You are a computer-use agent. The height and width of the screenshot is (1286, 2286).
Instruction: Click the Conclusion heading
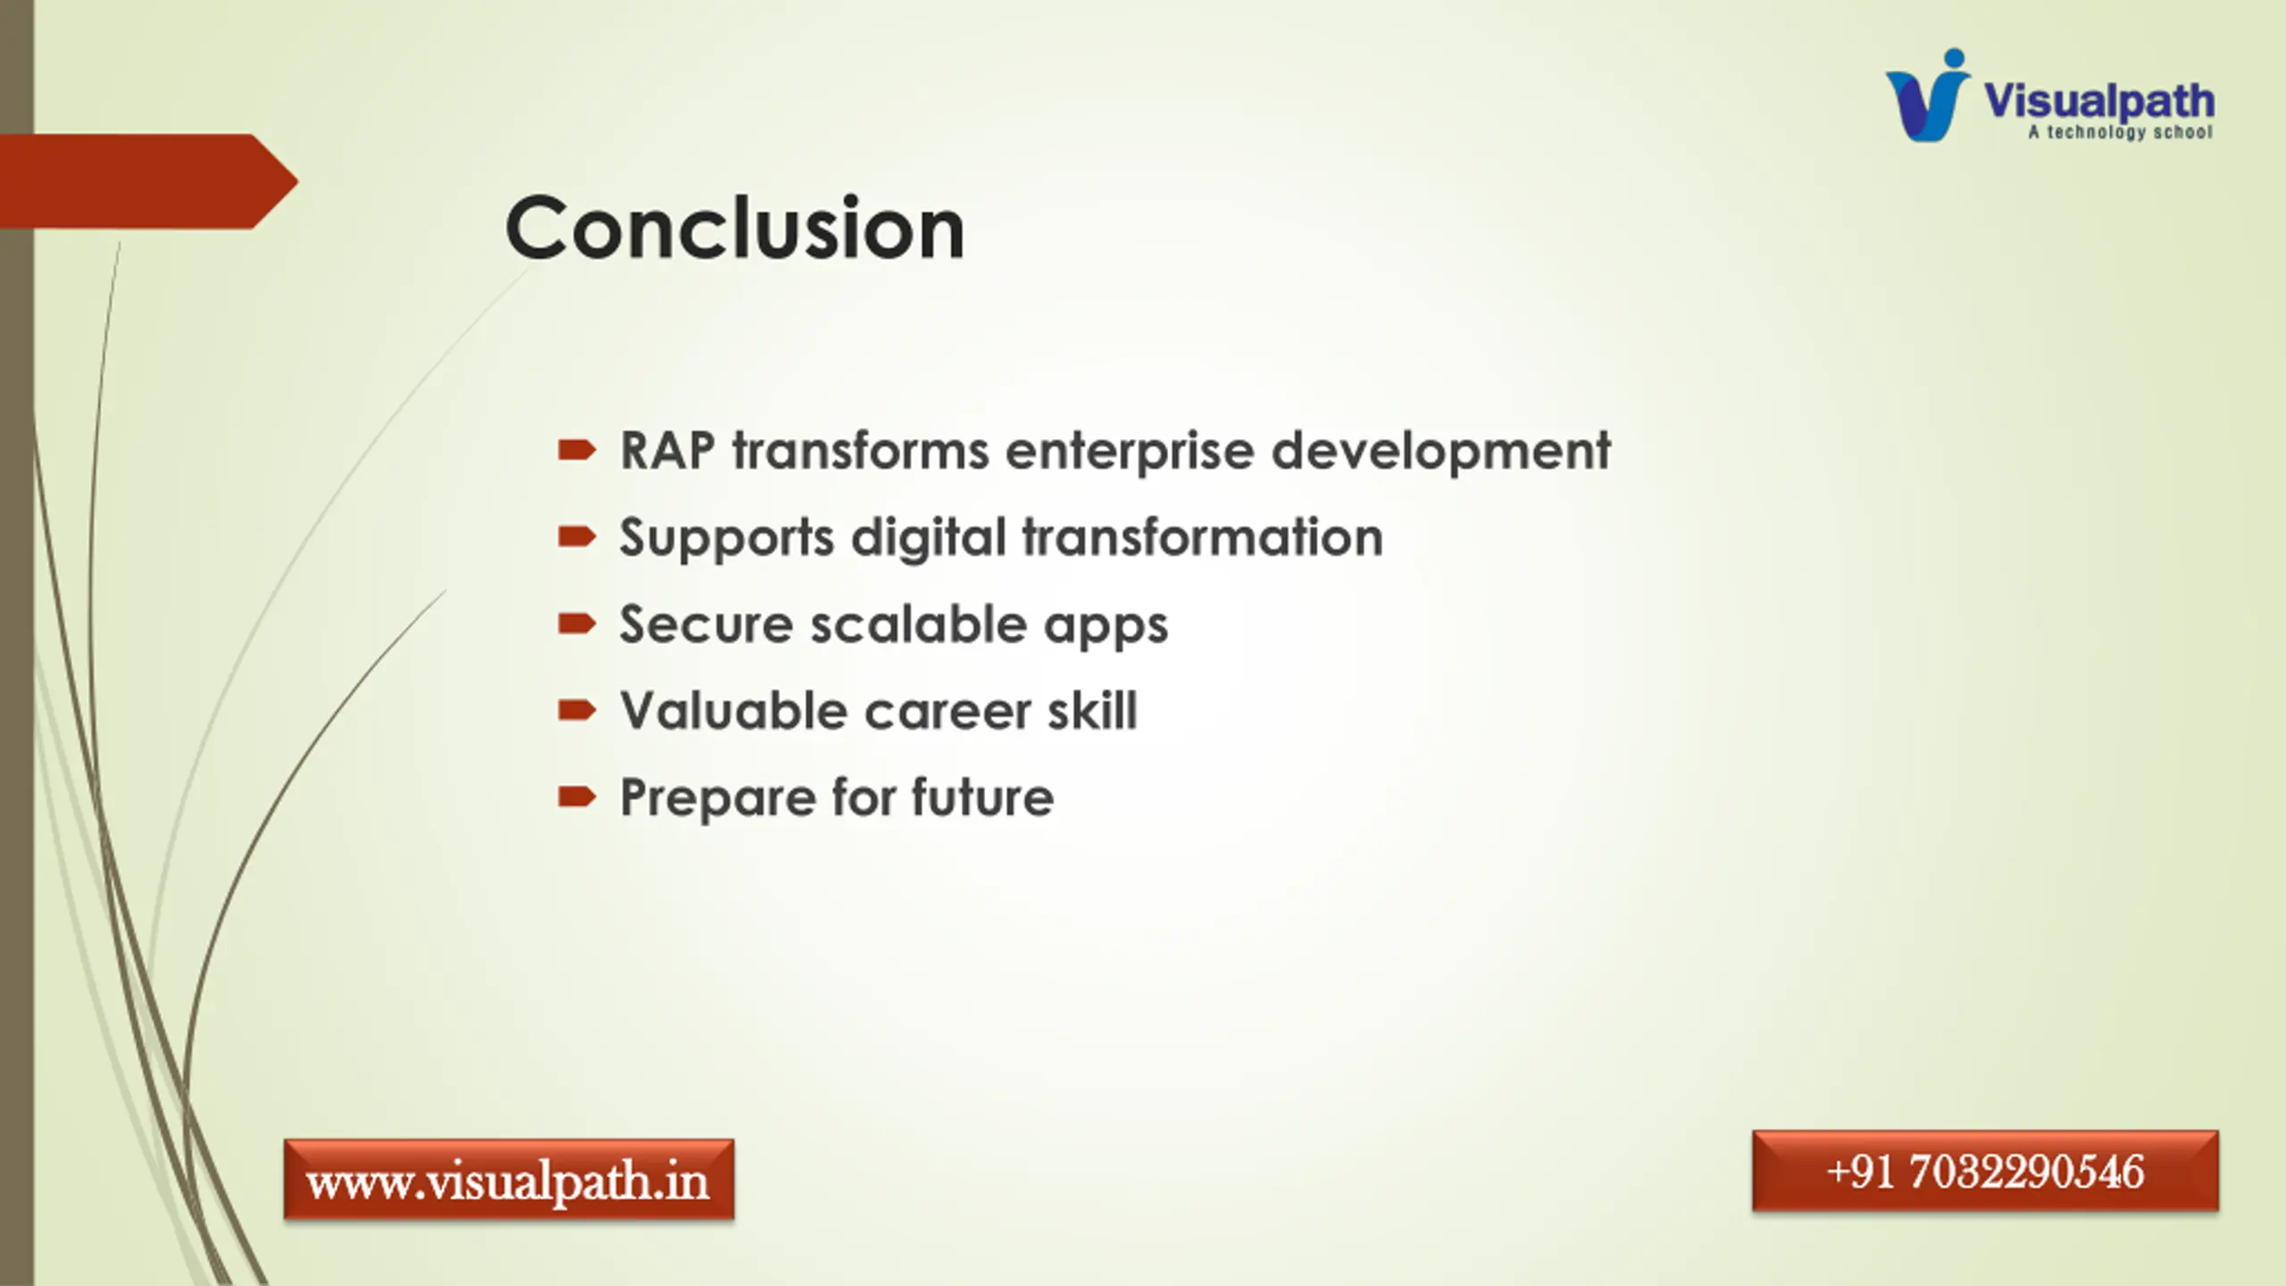tap(735, 228)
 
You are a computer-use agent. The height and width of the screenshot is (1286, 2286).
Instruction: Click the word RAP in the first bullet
tap(668, 450)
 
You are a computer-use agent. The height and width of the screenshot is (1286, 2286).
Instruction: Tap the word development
tap(1441, 452)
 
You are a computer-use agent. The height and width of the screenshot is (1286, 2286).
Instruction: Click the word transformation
tap(1203, 537)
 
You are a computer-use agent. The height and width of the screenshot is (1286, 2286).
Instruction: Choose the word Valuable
tap(734, 711)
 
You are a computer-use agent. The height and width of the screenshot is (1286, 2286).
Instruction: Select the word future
tap(983, 797)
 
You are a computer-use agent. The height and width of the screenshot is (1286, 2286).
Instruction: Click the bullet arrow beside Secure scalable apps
tap(577, 623)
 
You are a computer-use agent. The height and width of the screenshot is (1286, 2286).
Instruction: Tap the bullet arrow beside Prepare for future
tap(577, 797)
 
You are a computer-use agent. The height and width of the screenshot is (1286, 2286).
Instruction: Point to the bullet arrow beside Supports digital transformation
tap(577, 537)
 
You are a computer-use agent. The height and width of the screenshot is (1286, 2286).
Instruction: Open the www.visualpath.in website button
tap(509, 1180)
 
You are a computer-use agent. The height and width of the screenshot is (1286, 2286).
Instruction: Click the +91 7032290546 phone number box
tap(1985, 1172)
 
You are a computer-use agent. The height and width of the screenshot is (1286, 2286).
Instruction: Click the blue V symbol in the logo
tap(1927, 96)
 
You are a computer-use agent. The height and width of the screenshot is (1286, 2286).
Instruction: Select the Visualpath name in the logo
tap(2099, 100)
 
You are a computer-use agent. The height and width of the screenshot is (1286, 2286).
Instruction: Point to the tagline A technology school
tap(2121, 133)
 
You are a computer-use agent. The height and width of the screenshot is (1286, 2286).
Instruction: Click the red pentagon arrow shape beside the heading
tap(148, 181)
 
